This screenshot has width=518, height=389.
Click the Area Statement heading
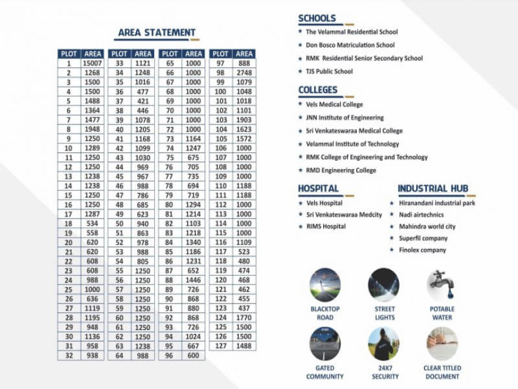tap(157, 32)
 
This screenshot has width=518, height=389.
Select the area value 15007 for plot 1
tap(93, 64)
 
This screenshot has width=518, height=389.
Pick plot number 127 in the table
tap(221, 346)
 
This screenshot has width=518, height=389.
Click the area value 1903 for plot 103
tap(244, 120)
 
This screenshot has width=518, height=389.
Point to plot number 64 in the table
tap(119, 355)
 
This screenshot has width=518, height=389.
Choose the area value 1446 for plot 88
tap(193, 279)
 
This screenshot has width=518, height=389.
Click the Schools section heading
tap(317, 18)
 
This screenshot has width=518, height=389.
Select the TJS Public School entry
tap(329, 71)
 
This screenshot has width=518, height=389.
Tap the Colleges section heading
tap(318, 89)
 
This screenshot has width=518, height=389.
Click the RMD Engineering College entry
tap(341, 171)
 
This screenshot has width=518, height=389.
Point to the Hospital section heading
tap(318, 189)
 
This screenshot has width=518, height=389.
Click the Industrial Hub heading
tap(432, 189)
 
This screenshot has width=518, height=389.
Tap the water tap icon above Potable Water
tap(442, 284)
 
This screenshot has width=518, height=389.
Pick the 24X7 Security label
tap(384, 372)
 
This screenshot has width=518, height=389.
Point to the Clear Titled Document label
tap(442, 372)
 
